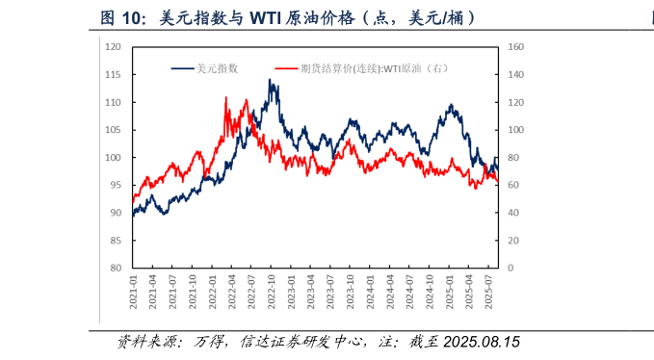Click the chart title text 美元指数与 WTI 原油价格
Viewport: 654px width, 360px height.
(288, 18)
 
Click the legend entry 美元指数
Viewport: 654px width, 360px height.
(217, 68)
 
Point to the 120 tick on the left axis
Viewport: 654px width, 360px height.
(113, 47)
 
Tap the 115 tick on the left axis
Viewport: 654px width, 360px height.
(113, 75)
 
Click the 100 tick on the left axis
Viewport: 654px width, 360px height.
(113, 158)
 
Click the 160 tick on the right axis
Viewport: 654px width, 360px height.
(514, 47)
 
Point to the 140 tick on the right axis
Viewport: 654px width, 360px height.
(514, 75)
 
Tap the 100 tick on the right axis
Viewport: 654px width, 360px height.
(514, 130)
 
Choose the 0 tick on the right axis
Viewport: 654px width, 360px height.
(510, 269)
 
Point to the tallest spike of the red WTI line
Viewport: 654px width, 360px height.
(226, 97)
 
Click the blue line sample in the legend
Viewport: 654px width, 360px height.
(182, 68)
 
